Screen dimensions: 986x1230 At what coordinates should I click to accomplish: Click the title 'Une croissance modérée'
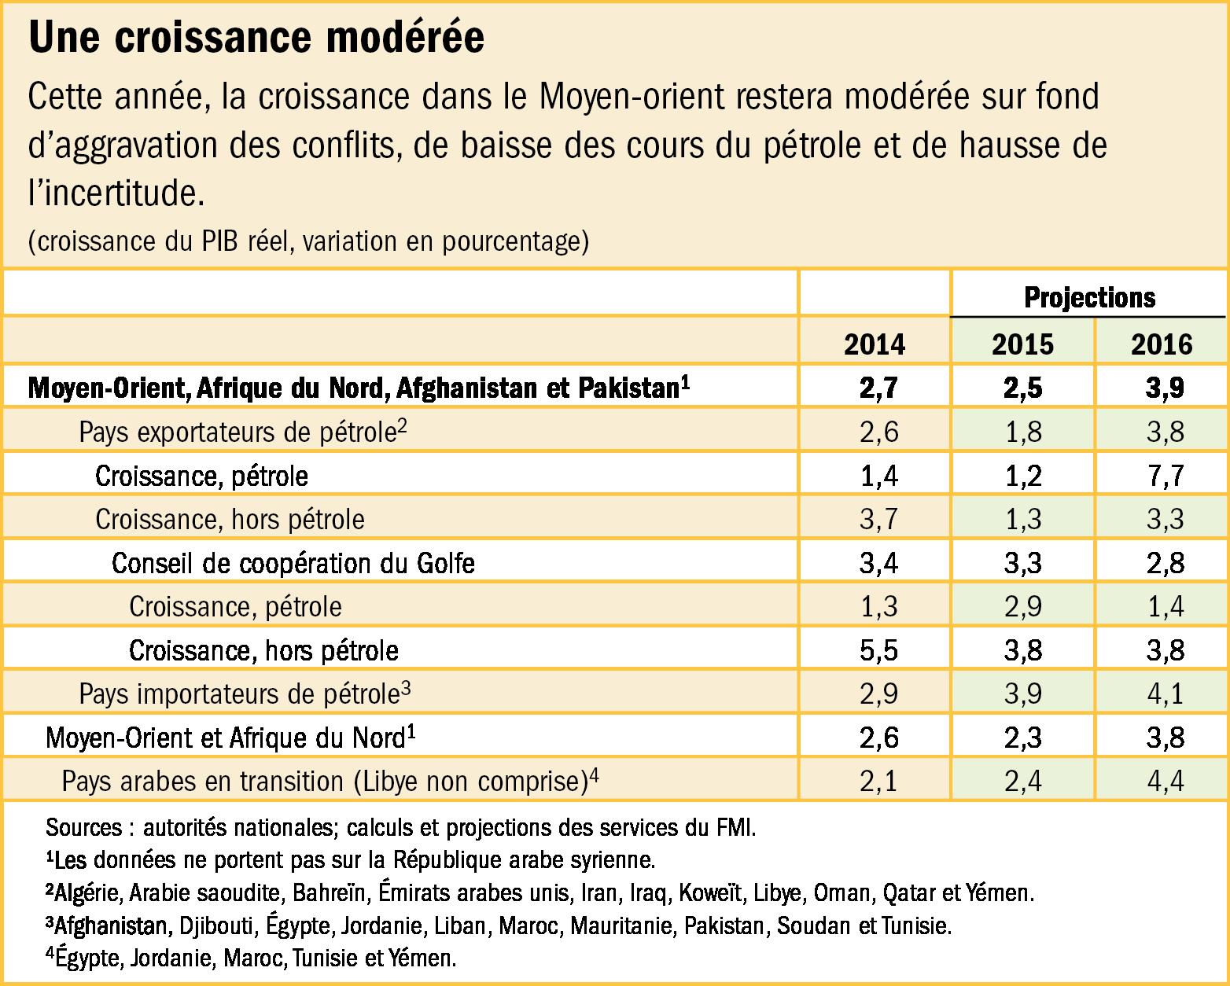pyautogui.click(x=256, y=39)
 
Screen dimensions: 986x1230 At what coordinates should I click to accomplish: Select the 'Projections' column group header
pyautogui.click(x=1089, y=297)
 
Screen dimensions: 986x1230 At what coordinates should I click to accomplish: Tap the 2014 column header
pyautogui.click(x=875, y=344)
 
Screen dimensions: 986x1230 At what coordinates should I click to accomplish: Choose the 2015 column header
pyautogui.click(x=1022, y=344)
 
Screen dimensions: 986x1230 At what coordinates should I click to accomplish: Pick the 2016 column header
pyautogui.click(x=1162, y=344)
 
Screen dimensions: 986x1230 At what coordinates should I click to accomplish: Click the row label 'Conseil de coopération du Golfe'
pyautogui.click(x=293, y=563)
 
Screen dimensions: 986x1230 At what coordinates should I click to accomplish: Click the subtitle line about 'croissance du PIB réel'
pyautogui.click(x=308, y=241)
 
